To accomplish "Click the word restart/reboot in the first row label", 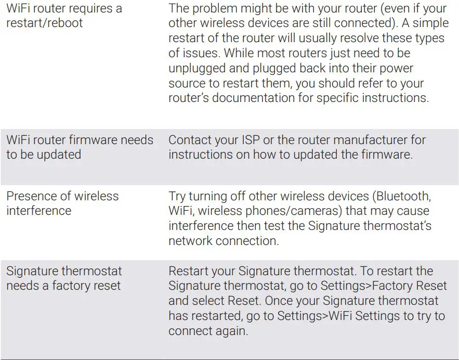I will [x=44, y=23].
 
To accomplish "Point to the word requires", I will [x=83, y=8].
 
